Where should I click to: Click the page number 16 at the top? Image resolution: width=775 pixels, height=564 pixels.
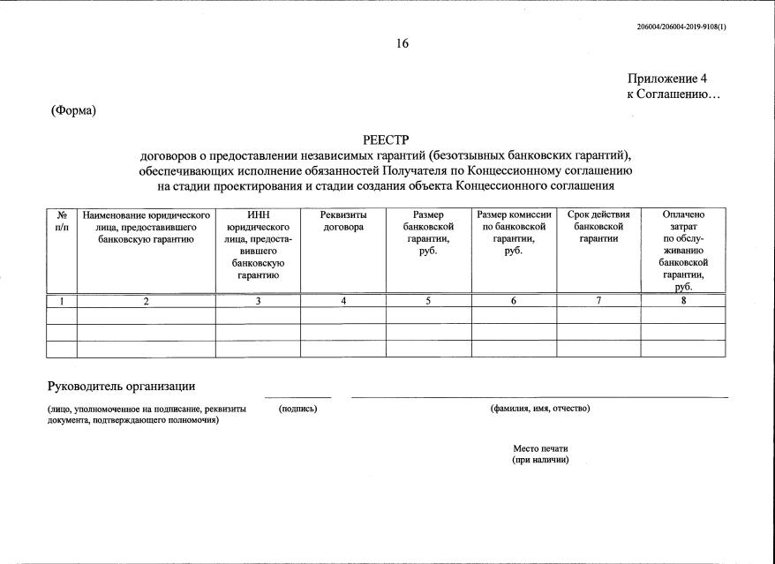click(403, 44)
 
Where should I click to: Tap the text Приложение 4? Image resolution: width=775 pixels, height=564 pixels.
click(667, 79)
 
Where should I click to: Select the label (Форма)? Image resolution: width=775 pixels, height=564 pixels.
click(73, 110)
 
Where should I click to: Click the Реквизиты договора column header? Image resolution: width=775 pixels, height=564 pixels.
click(343, 221)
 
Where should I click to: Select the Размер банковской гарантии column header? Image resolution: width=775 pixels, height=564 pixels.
click(428, 233)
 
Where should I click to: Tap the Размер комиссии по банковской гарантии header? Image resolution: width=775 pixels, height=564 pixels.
click(514, 233)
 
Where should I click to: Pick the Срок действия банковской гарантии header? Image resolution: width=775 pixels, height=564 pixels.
click(598, 227)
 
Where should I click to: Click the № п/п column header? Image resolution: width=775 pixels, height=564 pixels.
click(62, 221)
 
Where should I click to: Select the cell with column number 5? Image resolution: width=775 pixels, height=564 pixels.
click(428, 301)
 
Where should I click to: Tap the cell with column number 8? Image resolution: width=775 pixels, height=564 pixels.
click(683, 301)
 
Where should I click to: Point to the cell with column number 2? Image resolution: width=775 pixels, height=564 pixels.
click(147, 301)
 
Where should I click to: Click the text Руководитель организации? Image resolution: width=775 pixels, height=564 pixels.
click(121, 387)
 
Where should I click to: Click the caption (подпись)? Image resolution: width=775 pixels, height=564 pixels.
click(297, 408)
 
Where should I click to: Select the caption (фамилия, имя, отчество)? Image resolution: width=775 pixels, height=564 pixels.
click(539, 408)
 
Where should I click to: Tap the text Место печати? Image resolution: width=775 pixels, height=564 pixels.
click(540, 448)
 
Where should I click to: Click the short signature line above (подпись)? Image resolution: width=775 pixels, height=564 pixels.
click(297, 397)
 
